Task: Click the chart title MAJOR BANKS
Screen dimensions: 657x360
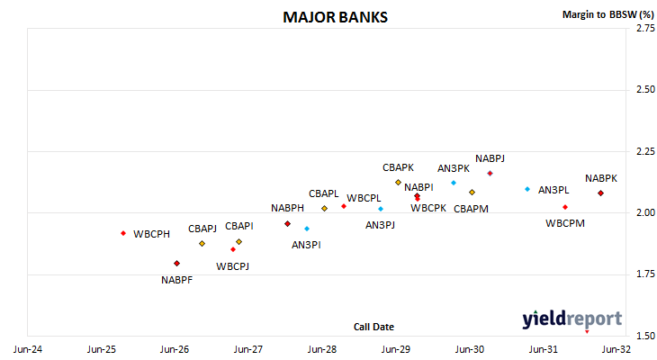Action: pyautogui.click(x=335, y=17)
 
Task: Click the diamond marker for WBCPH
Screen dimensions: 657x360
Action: pyautogui.click(x=123, y=233)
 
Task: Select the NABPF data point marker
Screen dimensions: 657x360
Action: pyautogui.click(x=176, y=263)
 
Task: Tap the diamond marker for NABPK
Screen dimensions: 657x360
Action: pyautogui.click(x=600, y=193)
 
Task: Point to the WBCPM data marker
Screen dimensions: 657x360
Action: pyautogui.click(x=565, y=207)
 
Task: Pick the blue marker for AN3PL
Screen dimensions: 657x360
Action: pyautogui.click(x=527, y=189)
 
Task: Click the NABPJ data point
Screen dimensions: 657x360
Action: pyautogui.click(x=490, y=173)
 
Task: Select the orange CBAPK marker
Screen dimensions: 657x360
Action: pyautogui.click(x=398, y=183)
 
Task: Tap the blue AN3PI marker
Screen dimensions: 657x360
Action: pyautogui.click(x=307, y=229)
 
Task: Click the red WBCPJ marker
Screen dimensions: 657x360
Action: pyautogui.click(x=233, y=249)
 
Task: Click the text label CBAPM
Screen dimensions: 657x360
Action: pyautogui.click(x=471, y=209)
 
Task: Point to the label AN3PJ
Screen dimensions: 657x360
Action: pyautogui.click(x=380, y=225)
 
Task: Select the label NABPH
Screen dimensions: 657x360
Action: pyautogui.click(x=287, y=208)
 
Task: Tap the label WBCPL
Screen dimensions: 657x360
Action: pyautogui.click(x=364, y=198)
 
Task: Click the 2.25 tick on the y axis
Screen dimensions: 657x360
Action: pyautogui.click(x=645, y=151)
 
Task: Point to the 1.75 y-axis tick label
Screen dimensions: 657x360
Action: pyautogui.click(x=645, y=274)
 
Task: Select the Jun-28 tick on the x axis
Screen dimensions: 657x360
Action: pyautogui.click(x=322, y=349)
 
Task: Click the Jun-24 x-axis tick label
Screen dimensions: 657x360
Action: pyautogui.click(x=28, y=349)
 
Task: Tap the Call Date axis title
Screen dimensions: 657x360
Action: pyautogui.click(x=373, y=327)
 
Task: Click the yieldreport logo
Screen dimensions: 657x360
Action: pyautogui.click(x=571, y=319)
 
